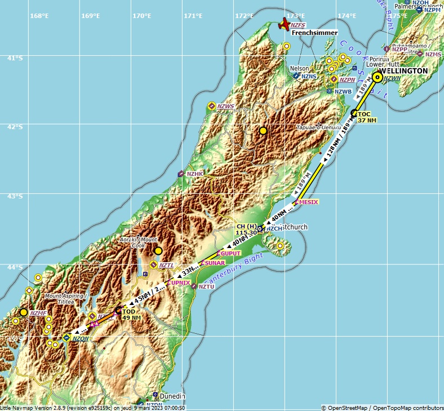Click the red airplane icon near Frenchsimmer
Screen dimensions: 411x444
point(285,24)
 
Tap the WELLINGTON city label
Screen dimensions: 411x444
point(403,71)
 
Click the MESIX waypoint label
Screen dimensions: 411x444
point(308,202)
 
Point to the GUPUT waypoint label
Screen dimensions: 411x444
point(230,254)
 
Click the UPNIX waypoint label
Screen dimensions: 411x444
point(180,282)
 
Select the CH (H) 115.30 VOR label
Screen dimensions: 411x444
point(246,229)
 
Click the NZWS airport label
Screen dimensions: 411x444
point(225,107)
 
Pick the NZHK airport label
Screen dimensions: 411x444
point(195,174)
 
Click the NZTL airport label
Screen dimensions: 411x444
point(166,265)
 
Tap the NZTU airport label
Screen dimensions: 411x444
point(207,287)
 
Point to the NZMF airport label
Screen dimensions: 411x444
point(38,313)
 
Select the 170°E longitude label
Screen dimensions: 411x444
point(141,16)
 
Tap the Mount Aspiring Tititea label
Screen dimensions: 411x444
point(64,299)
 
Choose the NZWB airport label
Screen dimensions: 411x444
point(343,91)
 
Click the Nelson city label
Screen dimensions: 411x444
point(299,68)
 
